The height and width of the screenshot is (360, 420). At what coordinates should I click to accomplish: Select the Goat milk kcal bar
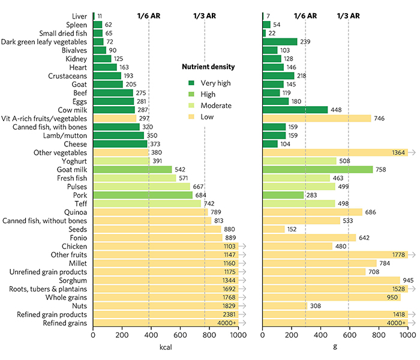pyautogui.click(x=132, y=170)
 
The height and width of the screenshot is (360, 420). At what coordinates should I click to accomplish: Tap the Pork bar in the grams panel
pyautogui.click(x=283, y=195)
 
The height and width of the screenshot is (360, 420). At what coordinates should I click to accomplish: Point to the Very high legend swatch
pyautogui.click(x=192, y=83)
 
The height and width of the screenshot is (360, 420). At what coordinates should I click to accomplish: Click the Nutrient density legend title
pyautogui.click(x=208, y=67)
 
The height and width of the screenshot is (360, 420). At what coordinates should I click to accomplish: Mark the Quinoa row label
pyautogui.click(x=76, y=212)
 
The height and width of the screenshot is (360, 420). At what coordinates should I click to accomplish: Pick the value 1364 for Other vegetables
pyautogui.click(x=398, y=152)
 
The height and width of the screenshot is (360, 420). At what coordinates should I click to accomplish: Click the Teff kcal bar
pyautogui.click(x=147, y=203)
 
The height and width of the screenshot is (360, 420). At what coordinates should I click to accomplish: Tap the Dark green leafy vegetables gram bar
pyautogui.click(x=280, y=41)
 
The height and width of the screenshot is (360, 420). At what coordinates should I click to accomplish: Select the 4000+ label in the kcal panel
pyautogui.click(x=226, y=323)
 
